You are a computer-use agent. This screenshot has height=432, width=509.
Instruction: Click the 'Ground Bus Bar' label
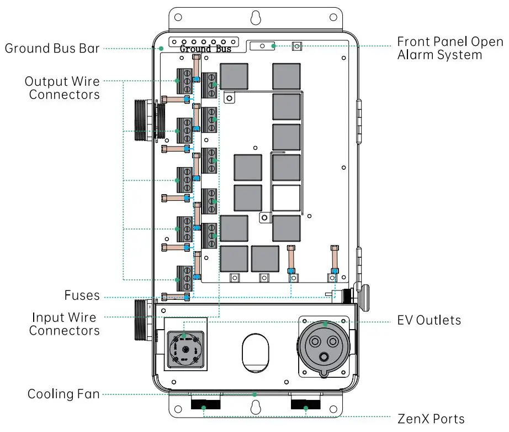tap(52, 49)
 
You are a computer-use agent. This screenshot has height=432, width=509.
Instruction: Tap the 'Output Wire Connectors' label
tap(62, 88)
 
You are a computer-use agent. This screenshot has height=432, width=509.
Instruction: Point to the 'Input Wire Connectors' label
tap(64, 324)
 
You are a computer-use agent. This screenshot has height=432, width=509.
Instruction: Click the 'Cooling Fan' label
tap(63, 394)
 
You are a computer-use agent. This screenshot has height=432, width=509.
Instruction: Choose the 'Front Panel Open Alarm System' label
tap(450, 49)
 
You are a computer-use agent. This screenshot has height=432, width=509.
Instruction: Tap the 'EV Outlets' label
tap(429, 320)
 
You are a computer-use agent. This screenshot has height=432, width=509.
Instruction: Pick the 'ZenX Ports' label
tap(431, 419)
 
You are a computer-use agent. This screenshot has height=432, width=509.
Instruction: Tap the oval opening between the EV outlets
tap(256, 352)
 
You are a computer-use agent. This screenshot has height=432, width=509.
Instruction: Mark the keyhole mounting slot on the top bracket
tap(255, 18)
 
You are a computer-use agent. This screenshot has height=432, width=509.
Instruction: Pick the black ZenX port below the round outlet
tap(305, 404)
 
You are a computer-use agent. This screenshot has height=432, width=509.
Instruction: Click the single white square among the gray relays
tap(287, 197)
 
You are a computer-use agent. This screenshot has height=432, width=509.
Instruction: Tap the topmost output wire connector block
tap(184, 82)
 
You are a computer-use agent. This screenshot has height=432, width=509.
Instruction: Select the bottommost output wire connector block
tap(184, 278)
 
